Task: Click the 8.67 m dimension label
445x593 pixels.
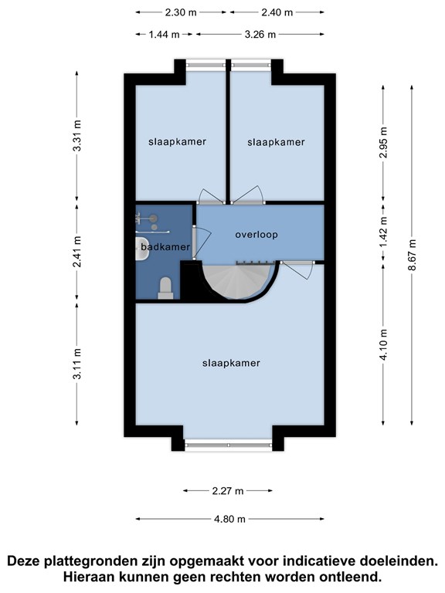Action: (x=412, y=255)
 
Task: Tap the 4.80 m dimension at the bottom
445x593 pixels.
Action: (x=229, y=519)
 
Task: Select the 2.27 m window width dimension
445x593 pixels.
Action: (x=228, y=491)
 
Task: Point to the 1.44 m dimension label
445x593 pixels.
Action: (x=164, y=35)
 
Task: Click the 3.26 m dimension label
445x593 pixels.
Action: (x=260, y=35)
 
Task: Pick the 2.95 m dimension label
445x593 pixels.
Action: (x=383, y=143)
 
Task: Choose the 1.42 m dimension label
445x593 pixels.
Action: (x=383, y=232)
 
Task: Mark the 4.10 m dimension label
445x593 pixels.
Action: (x=383, y=344)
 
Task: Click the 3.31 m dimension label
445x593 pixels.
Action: (x=76, y=135)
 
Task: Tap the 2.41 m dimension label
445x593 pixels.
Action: (x=76, y=251)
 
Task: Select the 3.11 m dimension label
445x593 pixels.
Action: (x=76, y=364)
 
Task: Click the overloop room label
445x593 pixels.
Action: (x=256, y=235)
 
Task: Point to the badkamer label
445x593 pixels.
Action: (x=165, y=247)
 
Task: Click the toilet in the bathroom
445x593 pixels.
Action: (x=165, y=288)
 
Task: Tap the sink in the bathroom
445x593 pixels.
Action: (x=142, y=248)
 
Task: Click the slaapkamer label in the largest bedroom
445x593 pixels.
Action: (x=231, y=363)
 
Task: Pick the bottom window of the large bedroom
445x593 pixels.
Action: (x=228, y=445)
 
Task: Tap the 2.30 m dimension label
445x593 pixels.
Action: (x=181, y=12)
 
